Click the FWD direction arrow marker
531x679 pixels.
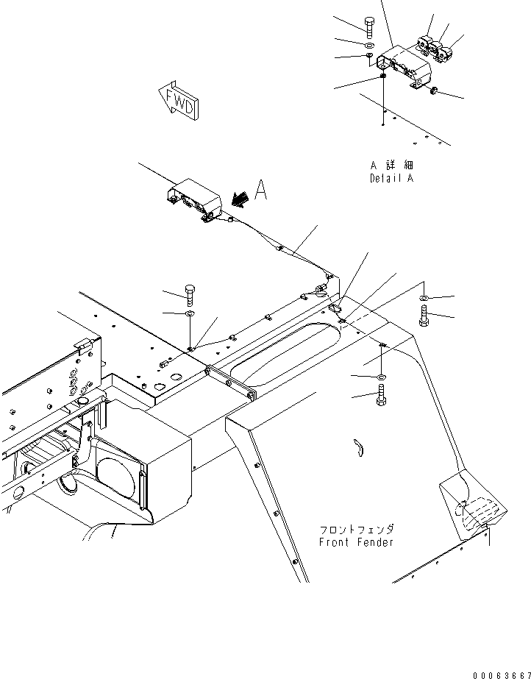coord(177,100)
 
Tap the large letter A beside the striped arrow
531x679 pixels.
coord(261,191)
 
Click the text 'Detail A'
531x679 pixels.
coord(391,178)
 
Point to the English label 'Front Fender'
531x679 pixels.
coord(356,542)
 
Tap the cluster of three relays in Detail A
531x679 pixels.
coord(436,46)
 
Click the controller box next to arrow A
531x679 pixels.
coord(193,201)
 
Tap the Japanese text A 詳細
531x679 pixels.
coord(391,166)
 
